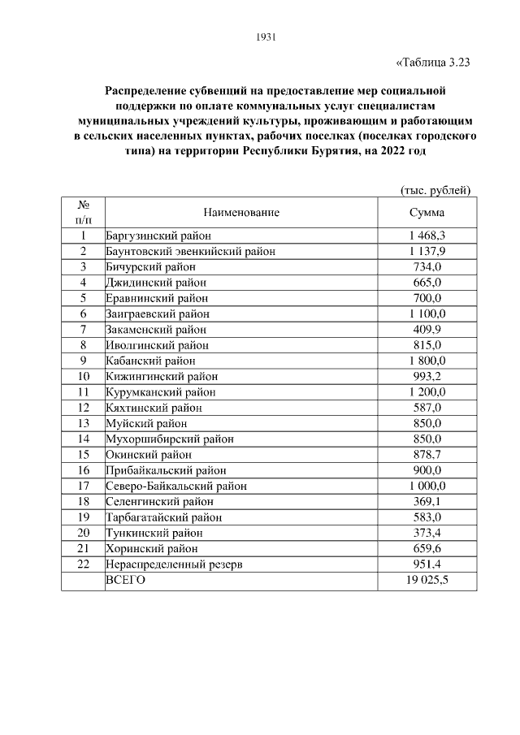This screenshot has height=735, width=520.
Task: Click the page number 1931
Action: pyautogui.click(x=266, y=37)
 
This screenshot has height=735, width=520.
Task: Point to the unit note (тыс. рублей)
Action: pyautogui.click(x=436, y=190)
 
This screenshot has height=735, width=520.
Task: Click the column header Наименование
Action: pyautogui.click(x=241, y=213)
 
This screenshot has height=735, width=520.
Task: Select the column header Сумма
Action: pyautogui.click(x=427, y=213)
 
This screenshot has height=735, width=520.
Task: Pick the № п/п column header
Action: pyautogui.click(x=83, y=213)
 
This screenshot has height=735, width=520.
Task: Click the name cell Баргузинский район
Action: pyautogui.click(x=158, y=236)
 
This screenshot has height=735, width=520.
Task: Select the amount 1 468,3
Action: pyautogui.click(x=427, y=236)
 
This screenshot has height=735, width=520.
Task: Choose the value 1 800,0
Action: pyautogui.click(x=427, y=361)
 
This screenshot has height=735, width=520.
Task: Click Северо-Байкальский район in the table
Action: pyautogui.click(x=176, y=486)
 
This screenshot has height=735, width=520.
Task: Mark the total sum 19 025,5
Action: pyautogui.click(x=427, y=580)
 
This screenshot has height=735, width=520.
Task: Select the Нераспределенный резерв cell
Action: pyautogui.click(x=174, y=564)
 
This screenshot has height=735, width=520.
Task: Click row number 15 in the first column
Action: pyautogui.click(x=83, y=455)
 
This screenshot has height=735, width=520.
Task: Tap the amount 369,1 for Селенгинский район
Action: pyautogui.click(x=427, y=502)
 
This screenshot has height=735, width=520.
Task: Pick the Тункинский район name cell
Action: pyautogui.click(x=154, y=533)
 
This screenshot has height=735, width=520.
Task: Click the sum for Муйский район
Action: pyautogui.click(x=427, y=423)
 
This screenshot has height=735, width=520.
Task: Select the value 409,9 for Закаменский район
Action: pyautogui.click(x=427, y=330)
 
